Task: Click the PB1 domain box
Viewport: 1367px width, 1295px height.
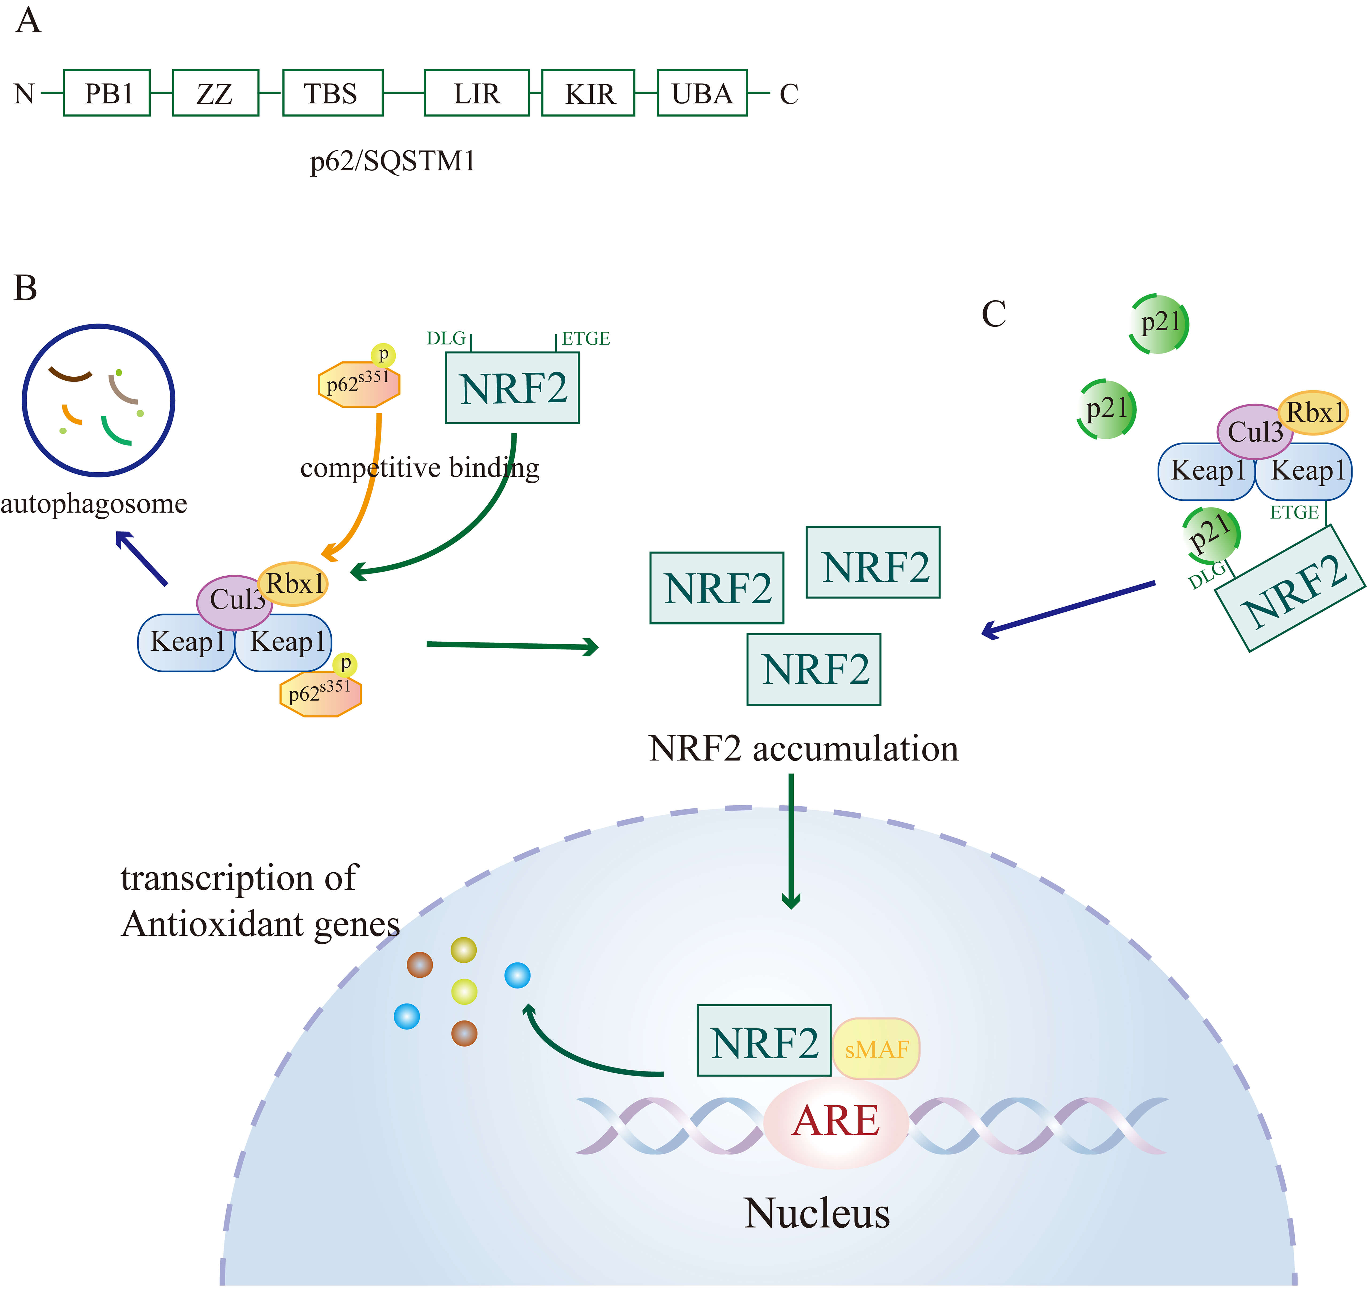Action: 107,93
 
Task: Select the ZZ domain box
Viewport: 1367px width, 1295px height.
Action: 215,93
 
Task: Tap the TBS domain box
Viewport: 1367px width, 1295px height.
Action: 333,93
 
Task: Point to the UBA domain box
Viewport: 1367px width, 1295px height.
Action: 702,93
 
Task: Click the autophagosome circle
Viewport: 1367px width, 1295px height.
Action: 99,400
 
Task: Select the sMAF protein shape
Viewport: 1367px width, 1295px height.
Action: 876,1049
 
